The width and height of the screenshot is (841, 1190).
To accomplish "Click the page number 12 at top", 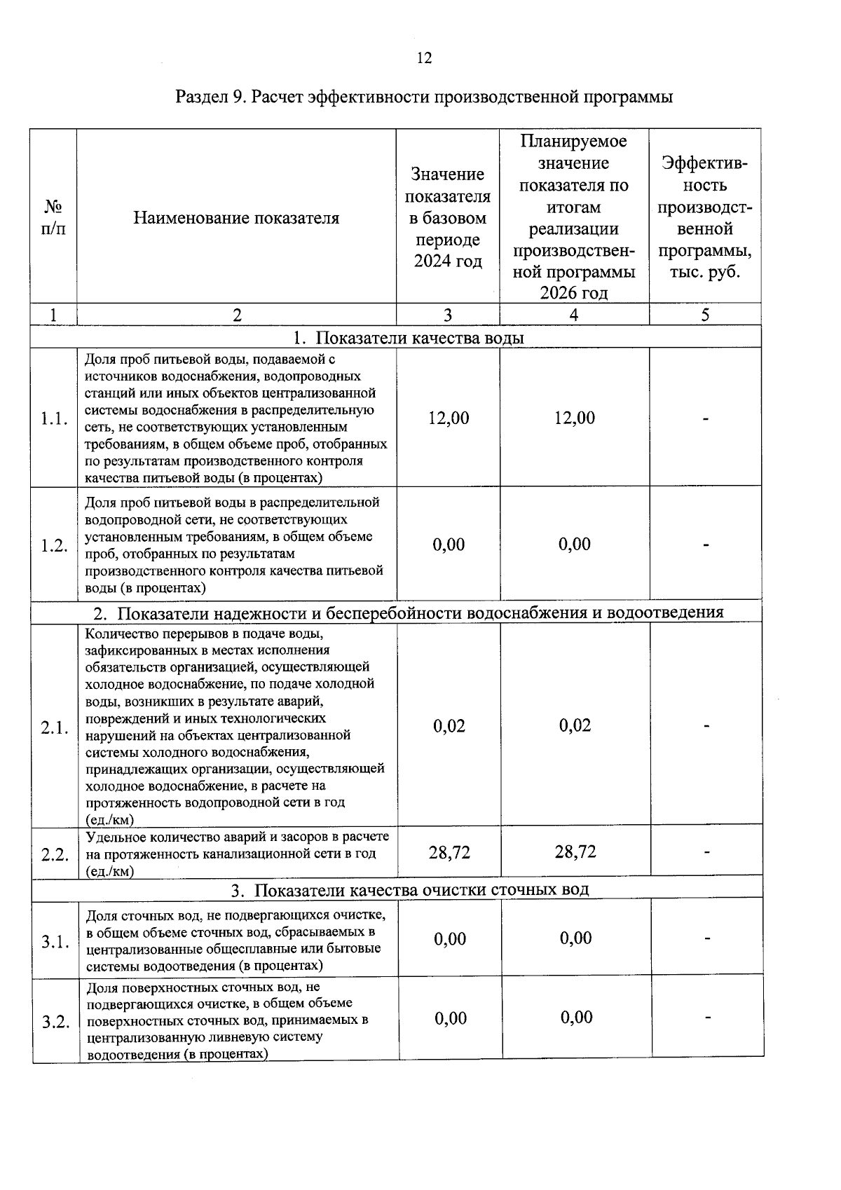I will (x=424, y=58).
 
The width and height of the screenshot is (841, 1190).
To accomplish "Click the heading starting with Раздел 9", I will (x=424, y=97).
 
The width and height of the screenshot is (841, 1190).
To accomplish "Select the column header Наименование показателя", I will (x=236, y=218).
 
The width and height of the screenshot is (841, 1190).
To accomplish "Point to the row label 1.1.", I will (x=54, y=419).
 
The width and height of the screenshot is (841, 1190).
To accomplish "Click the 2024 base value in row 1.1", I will (x=449, y=418).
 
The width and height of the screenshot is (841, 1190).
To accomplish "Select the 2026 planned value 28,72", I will (x=575, y=852).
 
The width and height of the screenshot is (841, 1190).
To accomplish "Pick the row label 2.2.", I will (x=55, y=854).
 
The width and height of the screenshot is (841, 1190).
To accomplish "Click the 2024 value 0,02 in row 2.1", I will (x=449, y=725).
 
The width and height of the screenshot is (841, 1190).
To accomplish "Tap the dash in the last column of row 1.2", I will (x=706, y=545).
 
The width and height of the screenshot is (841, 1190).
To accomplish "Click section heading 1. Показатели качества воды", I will (x=409, y=338).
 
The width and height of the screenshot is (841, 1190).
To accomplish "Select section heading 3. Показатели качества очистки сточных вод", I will (x=410, y=889).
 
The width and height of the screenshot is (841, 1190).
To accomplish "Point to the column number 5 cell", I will (x=705, y=315).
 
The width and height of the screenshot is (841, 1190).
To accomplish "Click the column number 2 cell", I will (x=237, y=315).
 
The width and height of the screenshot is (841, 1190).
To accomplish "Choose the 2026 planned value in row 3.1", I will (x=575, y=938).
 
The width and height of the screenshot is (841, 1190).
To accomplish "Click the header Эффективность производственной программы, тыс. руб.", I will (x=705, y=218).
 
